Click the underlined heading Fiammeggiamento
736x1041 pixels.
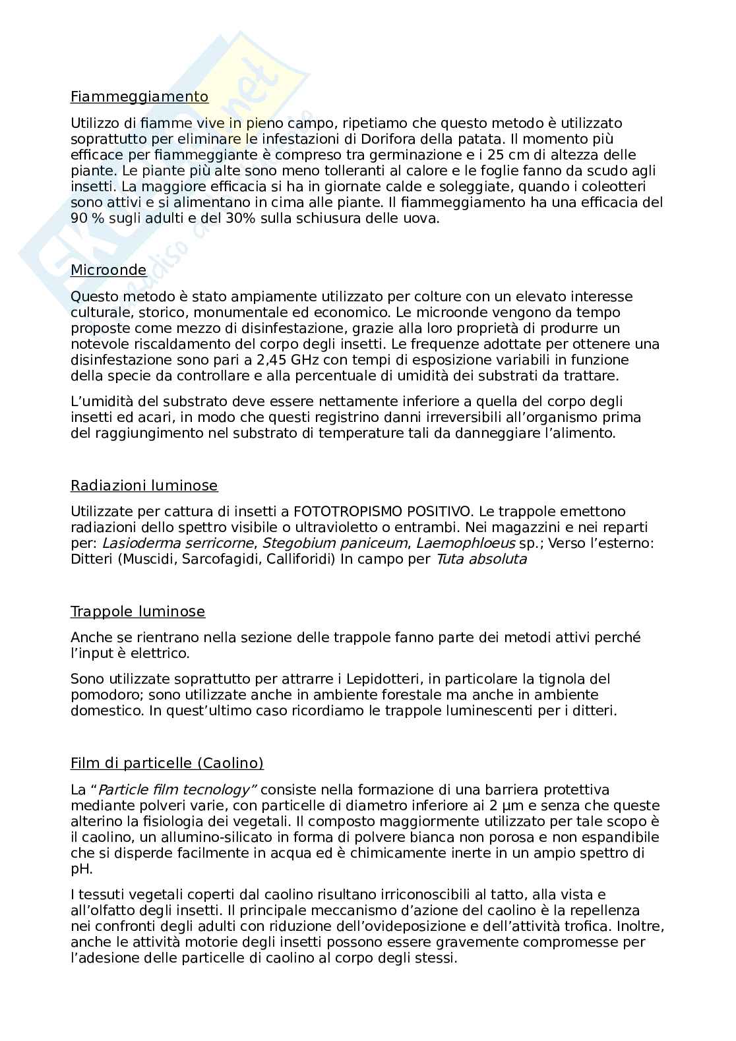click(139, 97)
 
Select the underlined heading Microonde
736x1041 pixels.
click(108, 270)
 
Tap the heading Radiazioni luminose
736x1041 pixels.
click(144, 486)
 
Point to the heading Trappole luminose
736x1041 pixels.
click(137, 612)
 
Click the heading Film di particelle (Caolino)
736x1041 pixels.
click(167, 763)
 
